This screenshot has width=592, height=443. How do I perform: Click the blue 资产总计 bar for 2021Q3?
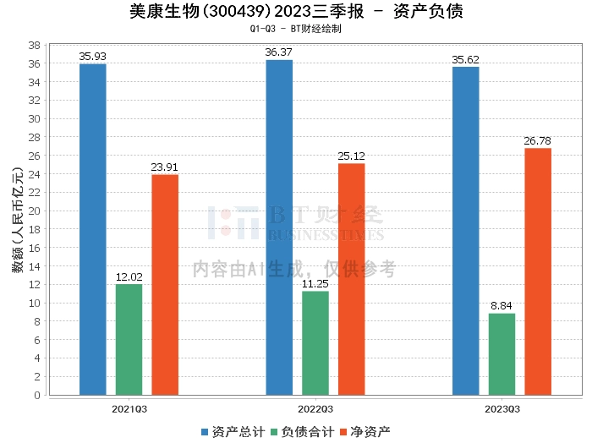(x=93, y=229)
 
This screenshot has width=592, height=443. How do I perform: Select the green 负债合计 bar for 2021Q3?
(x=129, y=339)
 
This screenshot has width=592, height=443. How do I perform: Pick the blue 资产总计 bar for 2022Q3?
(x=279, y=227)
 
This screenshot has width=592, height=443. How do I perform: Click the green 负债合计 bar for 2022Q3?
(x=315, y=342)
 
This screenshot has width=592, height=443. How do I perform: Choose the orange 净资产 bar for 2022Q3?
(x=352, y=279)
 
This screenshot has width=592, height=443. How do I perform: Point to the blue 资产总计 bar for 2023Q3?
(x=466, y=231)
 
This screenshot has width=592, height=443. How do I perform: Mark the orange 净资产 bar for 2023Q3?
(x=538, y=271)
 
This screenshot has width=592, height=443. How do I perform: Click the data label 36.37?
(x=279, y=52)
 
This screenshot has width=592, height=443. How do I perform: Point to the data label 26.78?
(x=538, y=140)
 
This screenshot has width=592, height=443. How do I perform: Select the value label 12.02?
(x=129, y=276)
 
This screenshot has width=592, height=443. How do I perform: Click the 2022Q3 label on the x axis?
(x=315, y=408)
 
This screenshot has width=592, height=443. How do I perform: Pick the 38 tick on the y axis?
(x=35, y=45)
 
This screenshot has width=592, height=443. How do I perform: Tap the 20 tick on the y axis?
(x=35, y=211)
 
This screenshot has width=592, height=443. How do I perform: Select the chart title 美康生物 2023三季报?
(x=296, y=11)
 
